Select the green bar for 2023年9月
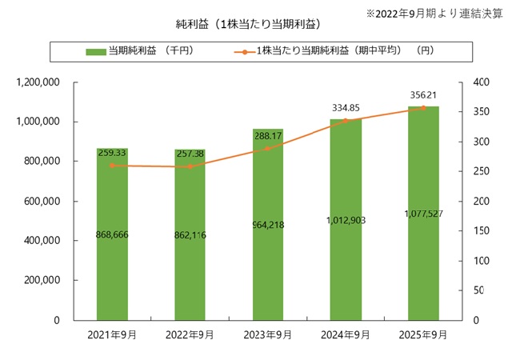(x=268, y=272)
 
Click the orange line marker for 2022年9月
(x=190, y=166)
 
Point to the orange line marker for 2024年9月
(x=346, y=121)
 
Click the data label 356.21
(x=423, y=95)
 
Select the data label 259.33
(x=112, y=152)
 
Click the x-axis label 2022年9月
(x=190, y=335)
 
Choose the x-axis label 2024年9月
(x=346, y=335)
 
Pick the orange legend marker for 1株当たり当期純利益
(x=242, y=51)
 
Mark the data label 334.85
(x=346, y=108)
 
